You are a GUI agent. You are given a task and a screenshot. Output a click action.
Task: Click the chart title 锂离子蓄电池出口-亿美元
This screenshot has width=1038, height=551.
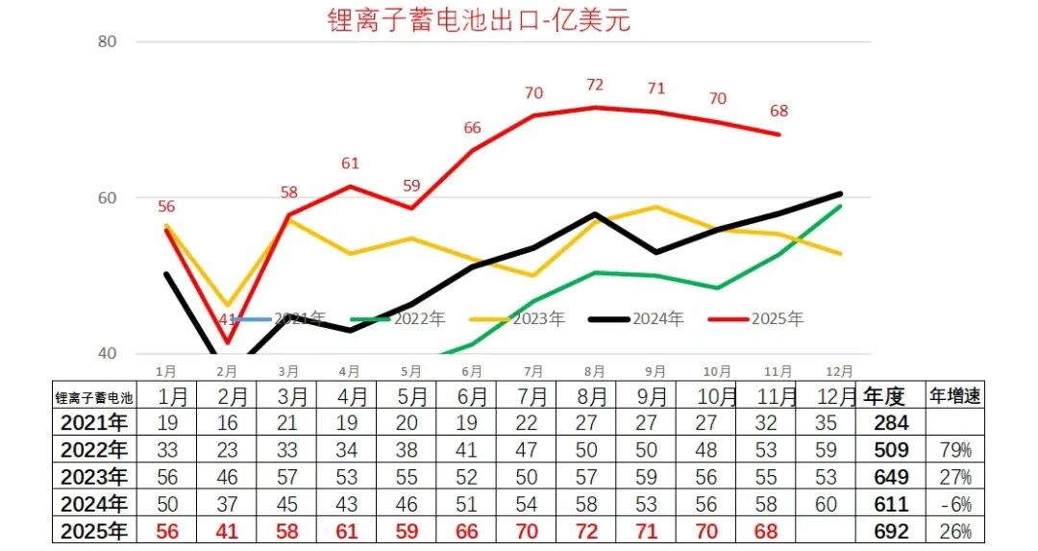click(479, 20)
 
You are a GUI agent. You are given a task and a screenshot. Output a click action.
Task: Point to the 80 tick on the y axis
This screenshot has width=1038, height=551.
click(108, 41)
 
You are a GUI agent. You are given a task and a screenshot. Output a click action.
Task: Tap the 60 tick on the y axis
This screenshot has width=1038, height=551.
click(108, 198)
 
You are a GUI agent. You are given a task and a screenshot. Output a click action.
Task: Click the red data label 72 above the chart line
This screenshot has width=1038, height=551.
click(595, 86)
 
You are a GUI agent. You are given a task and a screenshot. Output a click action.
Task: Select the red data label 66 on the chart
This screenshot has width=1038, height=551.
click(472, 128)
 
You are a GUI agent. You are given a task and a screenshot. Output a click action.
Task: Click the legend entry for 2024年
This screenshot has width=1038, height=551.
click(635, 318)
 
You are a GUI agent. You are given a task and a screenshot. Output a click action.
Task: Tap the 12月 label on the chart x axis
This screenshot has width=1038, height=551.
click(839, 370)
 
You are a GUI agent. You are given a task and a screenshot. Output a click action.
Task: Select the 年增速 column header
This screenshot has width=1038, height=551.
click(954, 395)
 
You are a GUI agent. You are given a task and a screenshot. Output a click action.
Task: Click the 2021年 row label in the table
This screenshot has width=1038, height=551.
click(93, 422)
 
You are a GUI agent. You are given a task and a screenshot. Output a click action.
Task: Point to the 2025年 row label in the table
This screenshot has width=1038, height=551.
click(93, 531)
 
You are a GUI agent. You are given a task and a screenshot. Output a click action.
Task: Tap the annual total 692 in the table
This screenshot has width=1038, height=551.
click(891, 531)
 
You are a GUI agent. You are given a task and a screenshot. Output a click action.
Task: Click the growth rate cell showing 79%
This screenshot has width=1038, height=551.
click(955, 449)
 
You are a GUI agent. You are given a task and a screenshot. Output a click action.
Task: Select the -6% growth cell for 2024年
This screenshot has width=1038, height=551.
click(955, 504)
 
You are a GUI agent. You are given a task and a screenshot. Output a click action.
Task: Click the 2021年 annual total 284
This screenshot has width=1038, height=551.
click(891, 422)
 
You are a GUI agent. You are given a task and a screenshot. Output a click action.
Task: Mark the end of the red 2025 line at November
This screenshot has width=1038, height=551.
click(778, 135)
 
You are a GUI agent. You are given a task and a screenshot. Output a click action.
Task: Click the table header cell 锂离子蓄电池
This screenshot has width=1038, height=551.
click(93, 396)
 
